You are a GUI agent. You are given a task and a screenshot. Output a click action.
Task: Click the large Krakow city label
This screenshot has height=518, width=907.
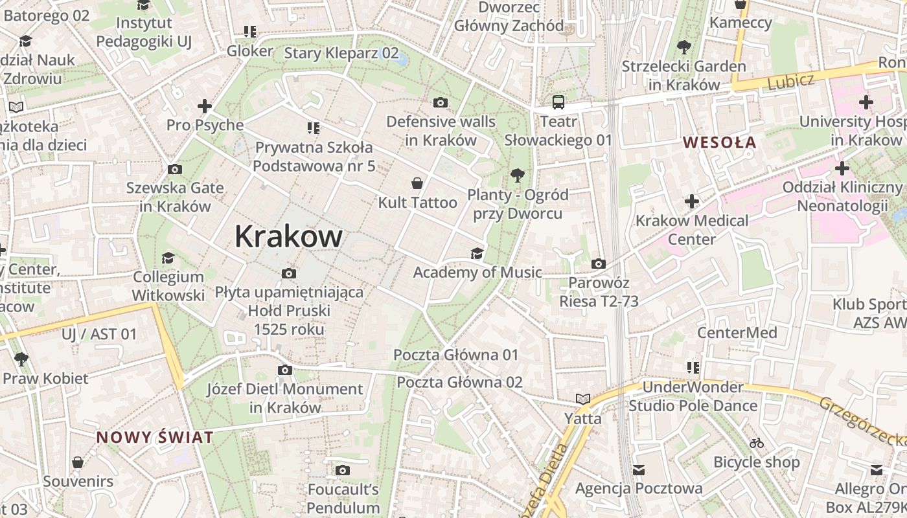pos(288,236)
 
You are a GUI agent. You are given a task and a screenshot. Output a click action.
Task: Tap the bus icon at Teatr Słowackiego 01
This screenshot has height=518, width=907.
pos(558,102)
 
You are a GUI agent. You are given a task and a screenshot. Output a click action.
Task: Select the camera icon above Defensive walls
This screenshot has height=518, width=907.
pos(441,102)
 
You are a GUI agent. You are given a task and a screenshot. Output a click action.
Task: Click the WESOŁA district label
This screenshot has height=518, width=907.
pos(720,142)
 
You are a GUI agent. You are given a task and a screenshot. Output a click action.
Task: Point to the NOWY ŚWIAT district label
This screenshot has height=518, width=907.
pos(155,437)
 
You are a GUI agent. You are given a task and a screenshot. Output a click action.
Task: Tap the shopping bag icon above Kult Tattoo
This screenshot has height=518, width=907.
pos(418,183)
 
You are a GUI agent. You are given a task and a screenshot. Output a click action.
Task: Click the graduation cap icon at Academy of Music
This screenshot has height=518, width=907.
pos(477,253)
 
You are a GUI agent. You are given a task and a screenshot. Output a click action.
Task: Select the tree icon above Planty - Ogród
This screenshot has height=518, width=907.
pos(517,175)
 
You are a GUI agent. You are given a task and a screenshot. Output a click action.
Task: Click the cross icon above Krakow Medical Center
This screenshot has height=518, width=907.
pos(692,201)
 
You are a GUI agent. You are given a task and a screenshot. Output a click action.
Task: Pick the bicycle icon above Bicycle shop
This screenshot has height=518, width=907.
pos(756,444)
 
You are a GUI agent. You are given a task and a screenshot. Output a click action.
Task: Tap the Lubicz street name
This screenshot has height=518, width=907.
pos(790,82)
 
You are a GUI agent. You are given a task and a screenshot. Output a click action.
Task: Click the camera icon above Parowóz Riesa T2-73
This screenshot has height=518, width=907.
pos(599,264)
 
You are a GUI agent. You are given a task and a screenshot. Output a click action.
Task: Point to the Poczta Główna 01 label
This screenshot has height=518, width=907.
pos(456,355)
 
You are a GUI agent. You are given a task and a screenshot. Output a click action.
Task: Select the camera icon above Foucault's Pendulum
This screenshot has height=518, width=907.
pos(343,470)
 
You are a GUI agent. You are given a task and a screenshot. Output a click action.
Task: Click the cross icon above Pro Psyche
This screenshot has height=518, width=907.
pos(205,106)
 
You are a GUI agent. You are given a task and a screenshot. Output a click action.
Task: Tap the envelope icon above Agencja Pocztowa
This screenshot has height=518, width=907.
pos(639,469)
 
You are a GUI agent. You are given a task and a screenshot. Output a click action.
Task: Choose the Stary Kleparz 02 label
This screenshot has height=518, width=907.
pos(341,53)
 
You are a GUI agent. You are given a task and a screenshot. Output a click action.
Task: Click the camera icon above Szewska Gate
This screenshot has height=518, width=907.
pos(174,170)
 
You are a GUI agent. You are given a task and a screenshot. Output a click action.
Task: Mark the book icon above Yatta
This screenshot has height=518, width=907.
pos(583,399)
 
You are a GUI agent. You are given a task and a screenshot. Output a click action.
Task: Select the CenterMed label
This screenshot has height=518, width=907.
pos(737,333)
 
